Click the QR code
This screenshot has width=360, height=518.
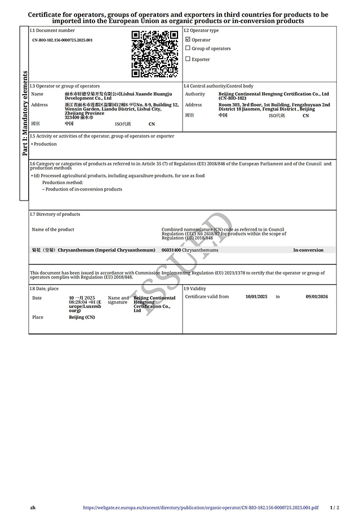155,54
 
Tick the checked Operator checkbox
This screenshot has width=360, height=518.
188,40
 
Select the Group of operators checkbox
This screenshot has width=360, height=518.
188,48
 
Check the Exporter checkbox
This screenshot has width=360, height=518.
188,59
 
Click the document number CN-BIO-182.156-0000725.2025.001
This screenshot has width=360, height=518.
63,41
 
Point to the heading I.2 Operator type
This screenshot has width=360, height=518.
201,30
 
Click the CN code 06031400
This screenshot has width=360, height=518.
171,250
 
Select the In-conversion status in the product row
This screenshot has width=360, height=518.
308,250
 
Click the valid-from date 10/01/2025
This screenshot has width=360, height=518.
256,296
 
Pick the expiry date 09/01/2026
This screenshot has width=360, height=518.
317,296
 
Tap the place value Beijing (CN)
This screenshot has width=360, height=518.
82,317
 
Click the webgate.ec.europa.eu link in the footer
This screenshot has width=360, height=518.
201,507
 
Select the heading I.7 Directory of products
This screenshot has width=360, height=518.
55,214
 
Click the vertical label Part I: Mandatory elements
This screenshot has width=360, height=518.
25,113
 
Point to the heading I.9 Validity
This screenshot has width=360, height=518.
195,289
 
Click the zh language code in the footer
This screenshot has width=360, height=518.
33,507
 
